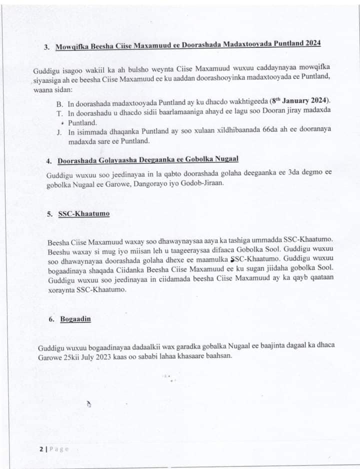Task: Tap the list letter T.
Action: [x=59, y=113]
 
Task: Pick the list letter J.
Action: [x=59, y=132]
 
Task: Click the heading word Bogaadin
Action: [x=75, y=318]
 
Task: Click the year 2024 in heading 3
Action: [x=310, y=44]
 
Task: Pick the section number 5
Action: [x=49, y=213]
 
